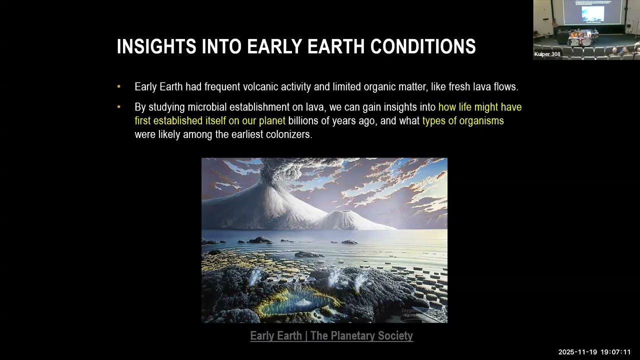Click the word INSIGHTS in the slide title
click(x=156, y=46)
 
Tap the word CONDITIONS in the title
click(x=423, y=46)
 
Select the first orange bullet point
click(x=119, y=86)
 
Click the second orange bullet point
click(x=119, y=107)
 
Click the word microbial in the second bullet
click(x=207, y=107)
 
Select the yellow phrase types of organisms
click(x=463, y=121)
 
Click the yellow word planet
click(x=272, y=121)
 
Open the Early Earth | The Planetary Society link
click(x=331, y=335)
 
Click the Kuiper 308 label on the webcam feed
click(x=547, y=54)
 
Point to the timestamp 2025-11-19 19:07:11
click(x=594, y=352)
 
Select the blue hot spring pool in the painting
click(x=294, y=303)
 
